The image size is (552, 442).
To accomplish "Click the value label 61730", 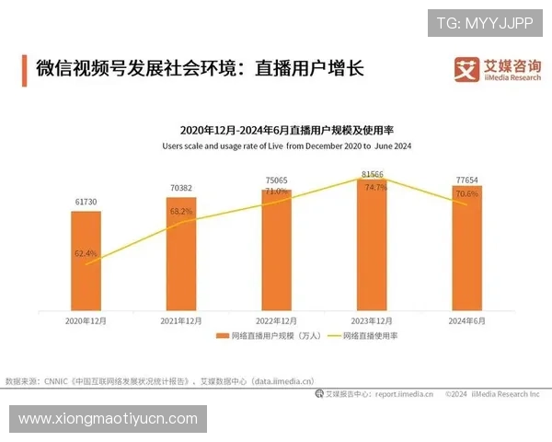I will pos(86,201).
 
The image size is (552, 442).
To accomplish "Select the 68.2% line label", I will pos(182,211).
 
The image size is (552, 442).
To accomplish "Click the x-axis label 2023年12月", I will pos(372,320).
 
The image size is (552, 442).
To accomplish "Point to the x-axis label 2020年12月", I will pos(86,320).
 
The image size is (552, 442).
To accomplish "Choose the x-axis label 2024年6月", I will pos(466,320).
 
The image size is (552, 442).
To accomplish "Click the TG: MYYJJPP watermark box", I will pos(485,22).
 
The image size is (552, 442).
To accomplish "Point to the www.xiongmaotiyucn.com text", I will pos(108,419).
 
